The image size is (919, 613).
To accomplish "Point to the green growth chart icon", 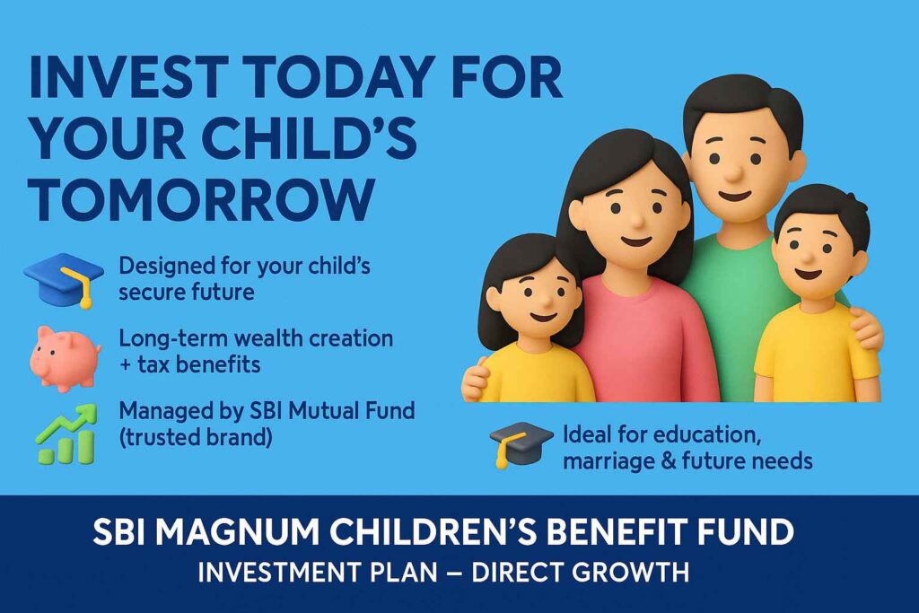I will point(65,434).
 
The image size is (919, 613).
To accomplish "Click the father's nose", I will point(734,171).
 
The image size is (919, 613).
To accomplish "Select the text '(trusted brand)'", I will point(197,439).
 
